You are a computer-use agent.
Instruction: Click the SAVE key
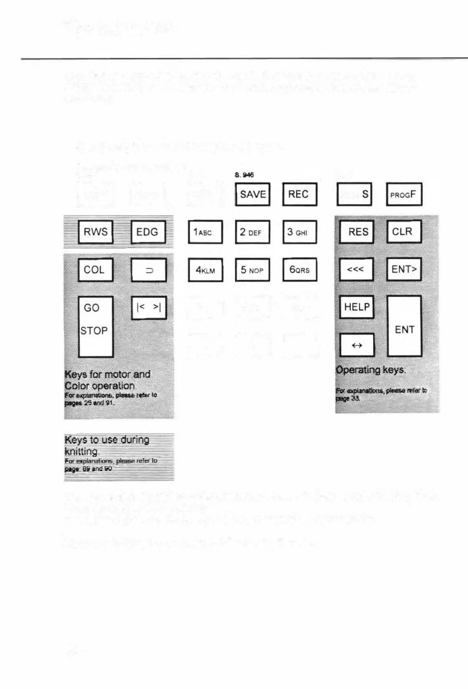pyautogui.click(x=252, y=194)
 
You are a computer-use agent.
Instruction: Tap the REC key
pyautogui.click(x=300, y=194)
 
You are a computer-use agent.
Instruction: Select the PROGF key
pyautogui.click(x=404, y=194)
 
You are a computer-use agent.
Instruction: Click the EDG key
pyautogui.click(x=148, y=232)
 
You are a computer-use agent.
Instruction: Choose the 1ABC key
pyautogui.click(x=205, y=232)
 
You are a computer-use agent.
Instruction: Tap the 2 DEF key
pyautogui.click(x=252, y=232)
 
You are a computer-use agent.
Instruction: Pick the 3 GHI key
pyautogui.click(x=300, y=232)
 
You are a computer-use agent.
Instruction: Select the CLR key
pyautogui.click(x=404, y=232)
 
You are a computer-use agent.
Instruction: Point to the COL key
pyautogui.click(x=95, y=270)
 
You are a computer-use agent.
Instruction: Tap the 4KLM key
pyautogui.click(x=205, y=270)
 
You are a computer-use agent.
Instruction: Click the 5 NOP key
pyautogui.click(x=252, y=270)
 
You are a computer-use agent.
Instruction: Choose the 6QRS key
pyautogui.click(x=300, y=270)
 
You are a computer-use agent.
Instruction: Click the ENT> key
pyautogui.click(x=404, y=270)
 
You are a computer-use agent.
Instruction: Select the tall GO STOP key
pyautogui.click(x=96, y=326)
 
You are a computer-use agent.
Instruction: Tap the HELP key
pyautogui.click(x=356, y=307)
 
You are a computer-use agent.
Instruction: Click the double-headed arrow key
pyautogui.click(x=357, y=345)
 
